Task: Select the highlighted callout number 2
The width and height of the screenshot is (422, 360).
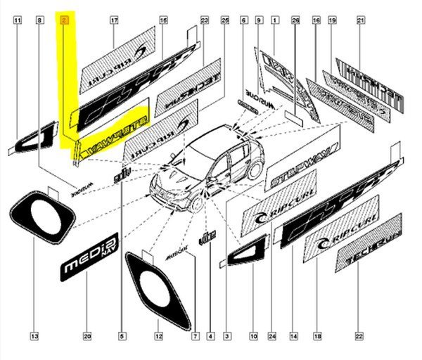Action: coord(65,22)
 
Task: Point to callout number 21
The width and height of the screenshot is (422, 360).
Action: coord(359,22)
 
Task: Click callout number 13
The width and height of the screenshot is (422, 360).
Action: coord(34,336)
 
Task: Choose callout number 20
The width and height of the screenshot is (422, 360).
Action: coord(87,336)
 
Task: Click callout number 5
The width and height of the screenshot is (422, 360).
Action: coord(121,336)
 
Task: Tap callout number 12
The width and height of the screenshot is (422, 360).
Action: coord(158,336)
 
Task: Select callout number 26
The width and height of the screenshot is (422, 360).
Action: coord(295,22)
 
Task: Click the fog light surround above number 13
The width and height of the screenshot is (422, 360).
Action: coord(42,214)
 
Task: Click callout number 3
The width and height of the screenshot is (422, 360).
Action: coord(227,336)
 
